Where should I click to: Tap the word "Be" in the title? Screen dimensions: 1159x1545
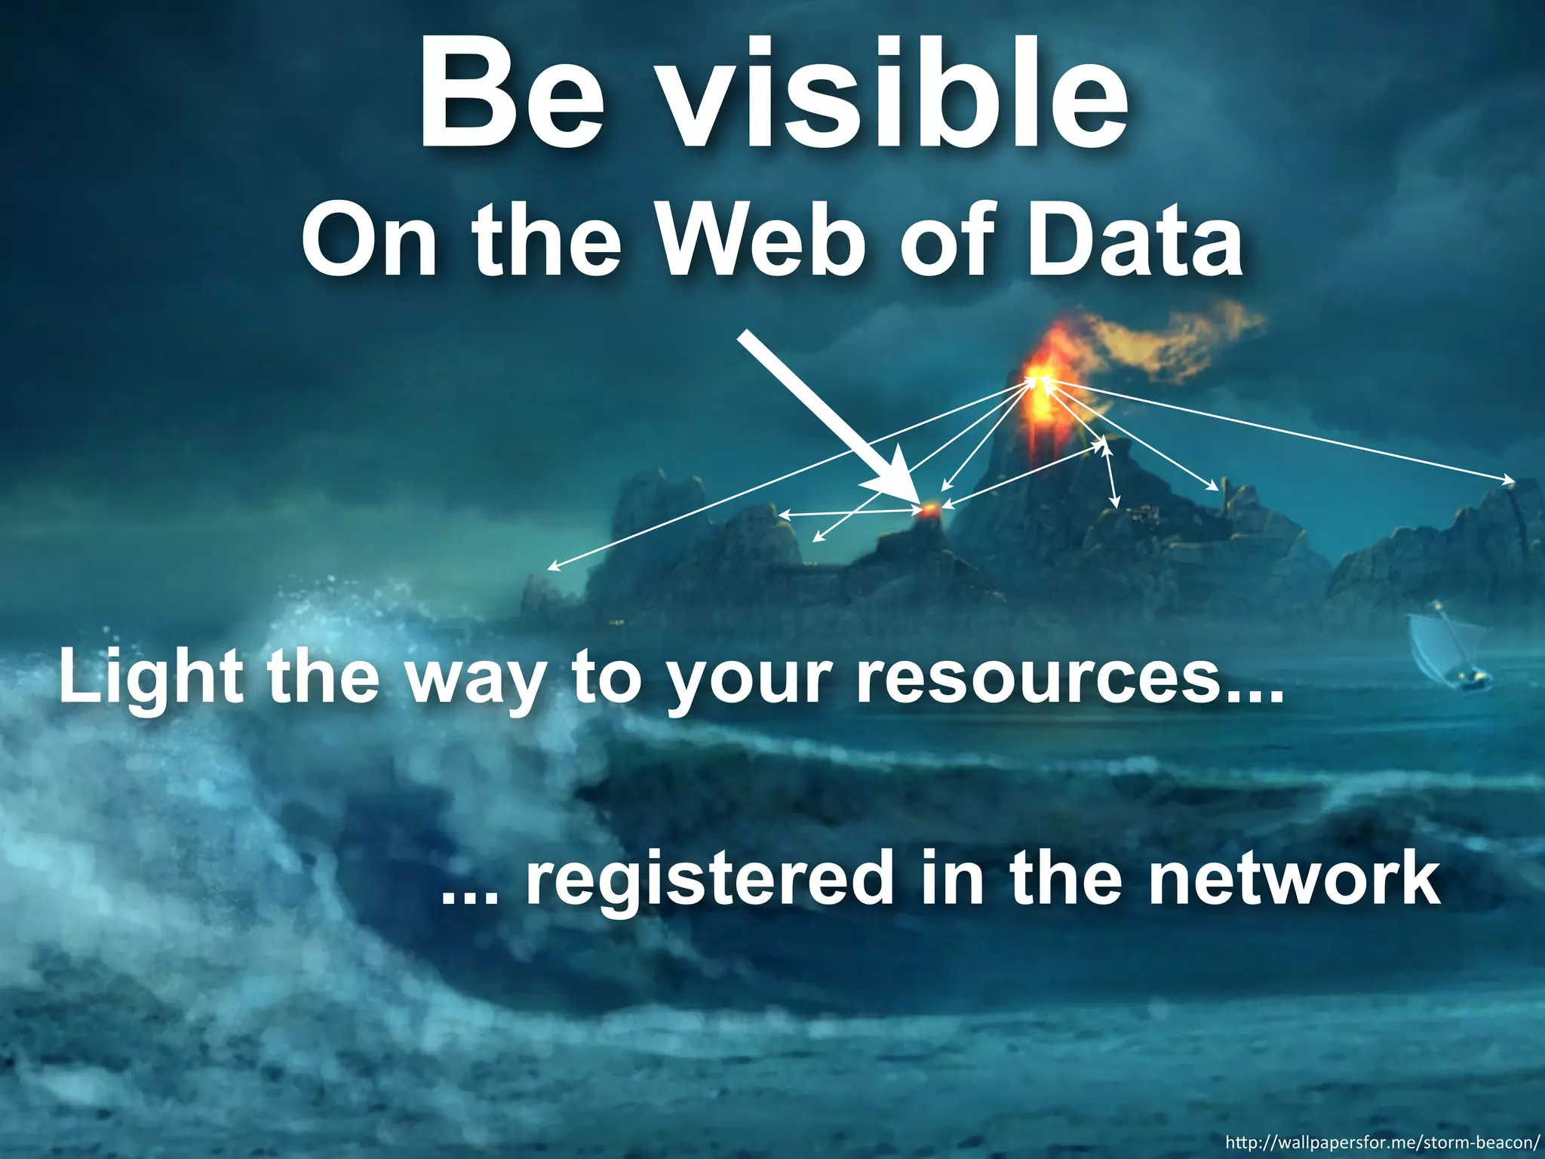click(512, 94)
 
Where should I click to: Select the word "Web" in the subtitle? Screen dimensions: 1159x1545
click(763, 238)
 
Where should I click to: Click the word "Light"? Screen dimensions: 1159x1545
click(151, 679)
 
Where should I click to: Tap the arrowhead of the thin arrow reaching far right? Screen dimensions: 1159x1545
click(1509, 481)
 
